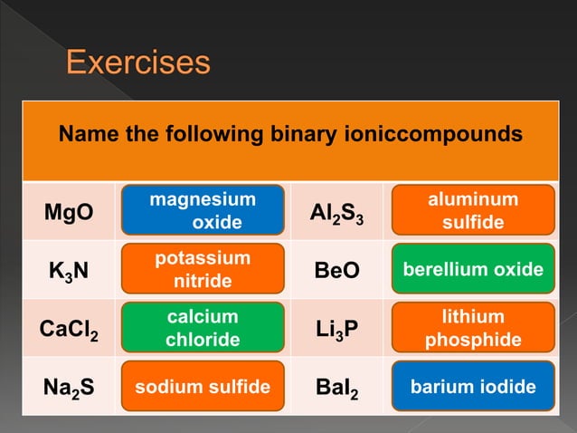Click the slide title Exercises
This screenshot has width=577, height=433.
point(138,63)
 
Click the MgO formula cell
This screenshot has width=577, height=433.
point(69,212)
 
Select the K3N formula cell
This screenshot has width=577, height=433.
point(69,271)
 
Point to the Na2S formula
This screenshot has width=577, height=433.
point(69,388)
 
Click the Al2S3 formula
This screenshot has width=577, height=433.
point(336,213)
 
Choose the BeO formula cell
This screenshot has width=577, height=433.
point(336,270)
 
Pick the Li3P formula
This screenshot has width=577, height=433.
point(336,329)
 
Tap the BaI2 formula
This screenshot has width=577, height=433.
point(336,388)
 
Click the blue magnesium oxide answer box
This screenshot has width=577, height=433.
point(203,211)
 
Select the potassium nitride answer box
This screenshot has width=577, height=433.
point(203,270)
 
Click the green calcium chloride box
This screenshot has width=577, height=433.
point(203,329)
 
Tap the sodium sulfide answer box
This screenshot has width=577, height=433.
point(203,388)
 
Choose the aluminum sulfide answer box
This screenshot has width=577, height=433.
point(473,211)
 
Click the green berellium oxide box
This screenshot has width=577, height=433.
point(473,270)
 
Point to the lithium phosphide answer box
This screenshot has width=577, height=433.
point(473,329)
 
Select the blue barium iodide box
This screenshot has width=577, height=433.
point(473,388)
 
